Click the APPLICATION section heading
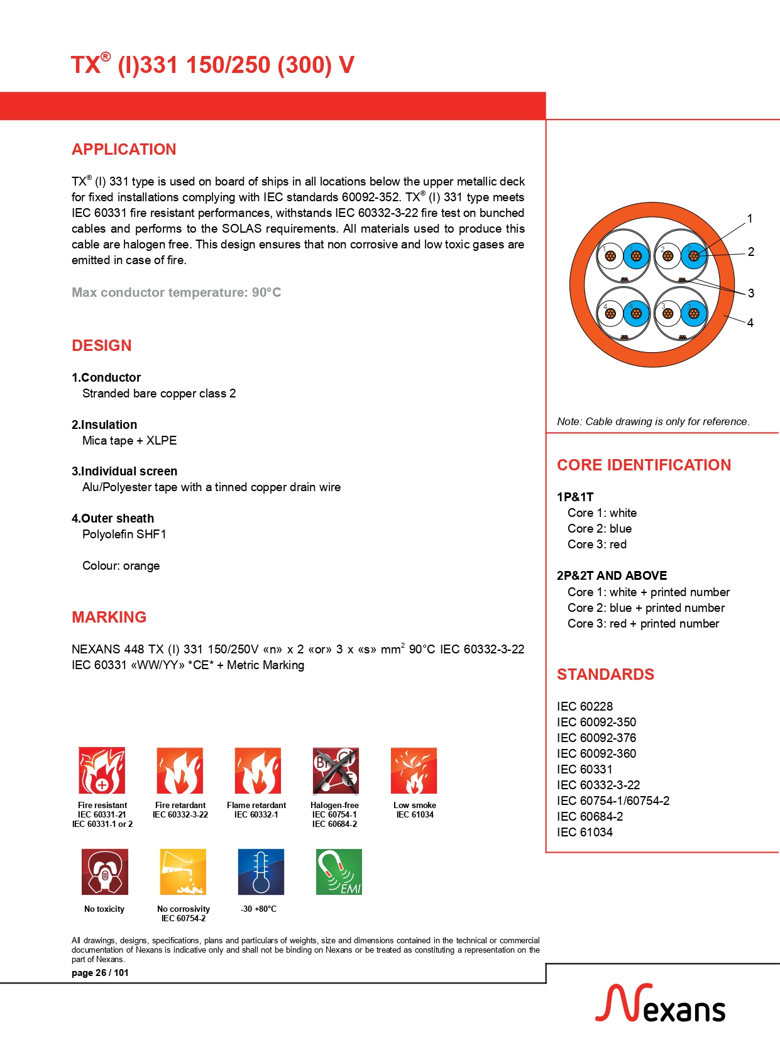pyautogui.click(x=124, y=150)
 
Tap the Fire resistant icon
pyautogui.click(x=102, y=770)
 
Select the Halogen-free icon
pyautogui.click(x=336, y=770)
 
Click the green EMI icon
pyautogui.click(x=339, y=872)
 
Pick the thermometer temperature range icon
pyautogui.click(x=261, y=872)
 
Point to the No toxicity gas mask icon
pyautogui.click(x=105, y=872)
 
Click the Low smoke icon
pyautogui.click(x=414, y=770)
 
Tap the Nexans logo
pyautogui.click(x=660, y=1004)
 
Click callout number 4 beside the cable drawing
pyautogui.click(x=750, y=323)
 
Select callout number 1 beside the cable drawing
pyautogui.click(x=749, y=219)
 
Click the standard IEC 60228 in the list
pyautogui.click(x=585, y=706)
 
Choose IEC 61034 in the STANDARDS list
pyautogui.click(x=585, y=832)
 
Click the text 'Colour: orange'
pyautogui.click(x=121, y=566)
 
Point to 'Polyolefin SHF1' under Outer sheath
pyautogui.click(x=124, y=535)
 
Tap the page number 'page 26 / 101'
pyautogui.click(x=100, y=973)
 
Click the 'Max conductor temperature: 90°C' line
pyautogui.click(x=176, y=292)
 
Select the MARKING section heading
pyautogui.click(x=109, y=618)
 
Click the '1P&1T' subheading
pyautogui.click(x=575, y=497)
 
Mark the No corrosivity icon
pyautogui.click(x=183, y=872)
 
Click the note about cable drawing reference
pyautogui.click(x=653, y=421)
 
